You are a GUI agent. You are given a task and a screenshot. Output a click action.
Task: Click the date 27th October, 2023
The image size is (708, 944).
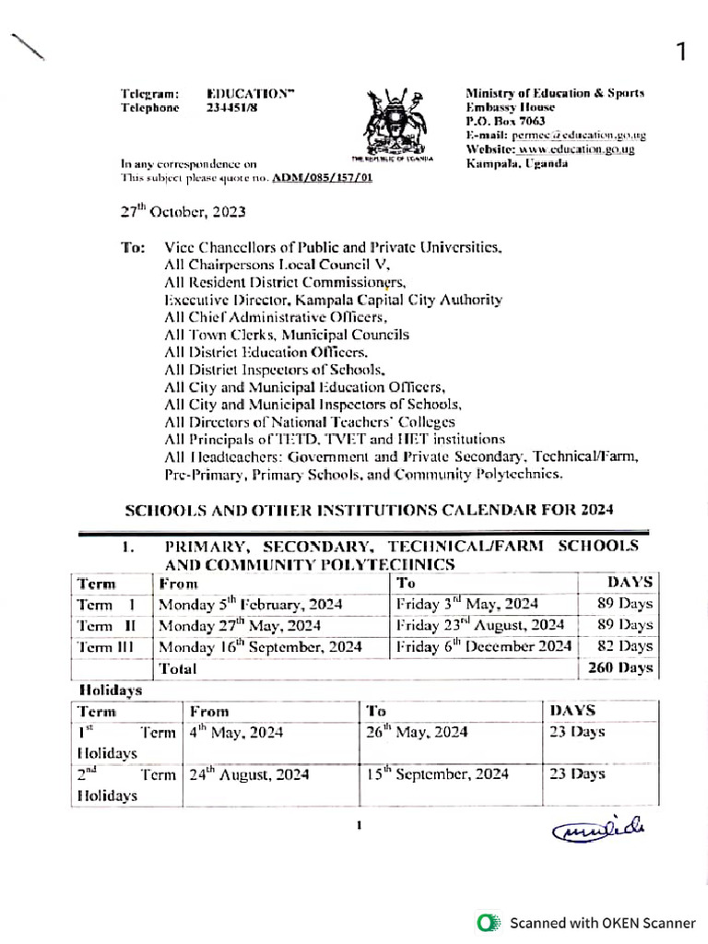click(x=183, y=211)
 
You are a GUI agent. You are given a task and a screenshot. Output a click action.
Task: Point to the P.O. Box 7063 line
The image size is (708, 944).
click(x=505, y=121)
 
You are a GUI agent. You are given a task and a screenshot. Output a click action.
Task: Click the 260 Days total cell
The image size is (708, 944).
click(x=619, y=667)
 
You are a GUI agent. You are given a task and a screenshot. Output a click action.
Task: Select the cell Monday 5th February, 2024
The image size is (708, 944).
click(x=250, y=605)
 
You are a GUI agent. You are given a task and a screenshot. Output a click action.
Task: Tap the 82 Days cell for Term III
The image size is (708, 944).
click(x=623, y=646)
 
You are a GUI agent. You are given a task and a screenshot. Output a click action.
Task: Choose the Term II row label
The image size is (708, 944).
click(x=107, y=626)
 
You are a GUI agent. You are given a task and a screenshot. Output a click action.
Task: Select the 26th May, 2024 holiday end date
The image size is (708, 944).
click(x=416, y=733)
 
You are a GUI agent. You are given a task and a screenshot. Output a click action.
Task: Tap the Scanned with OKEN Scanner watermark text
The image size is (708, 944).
click(x=603, y=922)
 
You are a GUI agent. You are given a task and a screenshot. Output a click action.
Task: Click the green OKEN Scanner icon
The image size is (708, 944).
click(x=490, y=922)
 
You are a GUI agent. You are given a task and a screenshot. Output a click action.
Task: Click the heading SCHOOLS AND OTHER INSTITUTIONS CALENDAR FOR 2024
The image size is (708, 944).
click(x=369, y=510)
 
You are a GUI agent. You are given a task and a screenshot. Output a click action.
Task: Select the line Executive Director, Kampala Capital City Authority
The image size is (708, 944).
click(x=333, y=300)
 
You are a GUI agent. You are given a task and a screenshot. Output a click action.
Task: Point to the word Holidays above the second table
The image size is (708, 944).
click(x=104, y=689)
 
